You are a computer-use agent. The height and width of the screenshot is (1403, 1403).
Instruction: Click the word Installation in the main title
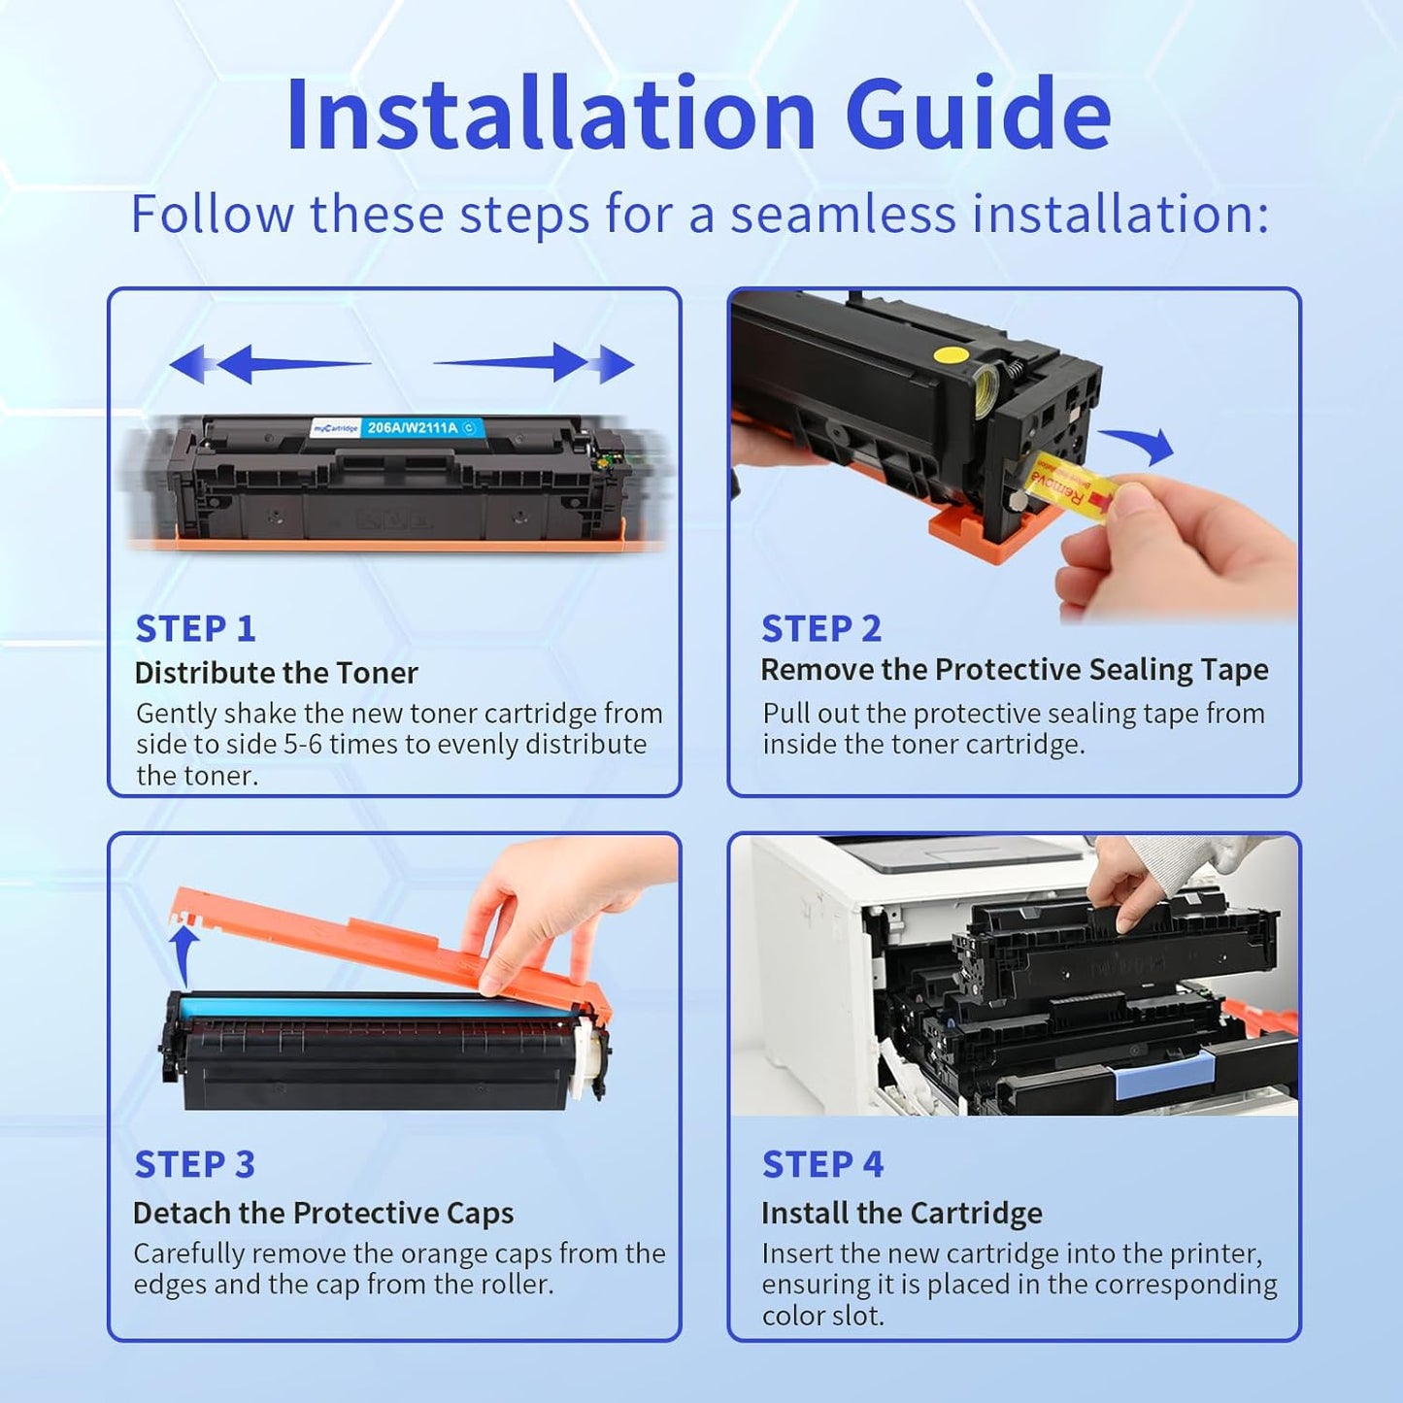pos(551,115)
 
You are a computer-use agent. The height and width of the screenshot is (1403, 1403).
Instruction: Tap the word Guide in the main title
pos(978,115)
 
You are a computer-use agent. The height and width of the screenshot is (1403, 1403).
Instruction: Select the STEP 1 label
pos(195,629)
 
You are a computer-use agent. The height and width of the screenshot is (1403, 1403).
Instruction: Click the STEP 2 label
pos(821,629)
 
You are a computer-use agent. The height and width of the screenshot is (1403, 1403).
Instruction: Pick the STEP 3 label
pos(194,1164)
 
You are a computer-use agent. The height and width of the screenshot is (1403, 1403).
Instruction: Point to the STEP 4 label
pos(822,1164)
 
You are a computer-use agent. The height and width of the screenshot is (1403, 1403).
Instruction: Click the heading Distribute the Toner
pos(276,673)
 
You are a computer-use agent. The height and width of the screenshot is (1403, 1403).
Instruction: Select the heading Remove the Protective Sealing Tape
pos(1014,670)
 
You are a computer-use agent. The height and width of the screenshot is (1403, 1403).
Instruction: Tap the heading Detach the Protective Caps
pos(323,1213)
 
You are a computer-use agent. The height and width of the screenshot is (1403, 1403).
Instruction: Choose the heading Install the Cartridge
pos(901,1213)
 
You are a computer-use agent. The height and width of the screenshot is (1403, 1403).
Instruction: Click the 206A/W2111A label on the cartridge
pos(412,427)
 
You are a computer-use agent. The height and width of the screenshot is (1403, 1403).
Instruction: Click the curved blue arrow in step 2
pos(1142,445)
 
